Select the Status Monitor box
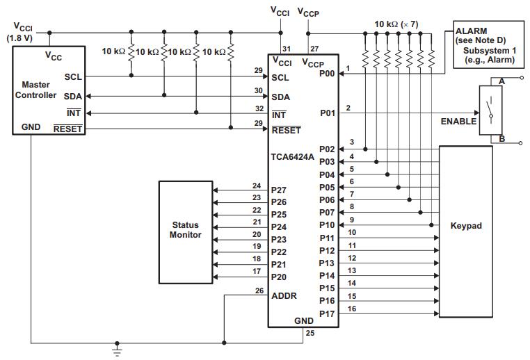tap(185, 231)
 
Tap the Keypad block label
tap(465, 226)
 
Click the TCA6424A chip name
tap(291, 157)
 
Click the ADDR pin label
tap(284, 295)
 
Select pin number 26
tap(259, 290)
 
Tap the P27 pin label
tap(279, 189)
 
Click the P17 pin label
tap(328, 313)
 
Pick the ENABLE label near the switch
tap(458, 121)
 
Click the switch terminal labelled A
tap(501, 81)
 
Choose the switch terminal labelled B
tap(501, 139)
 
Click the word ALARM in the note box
tap(471, 31)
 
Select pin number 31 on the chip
tap(287, 48)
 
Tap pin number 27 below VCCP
tap(314, 48)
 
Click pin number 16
tap(352, 308)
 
